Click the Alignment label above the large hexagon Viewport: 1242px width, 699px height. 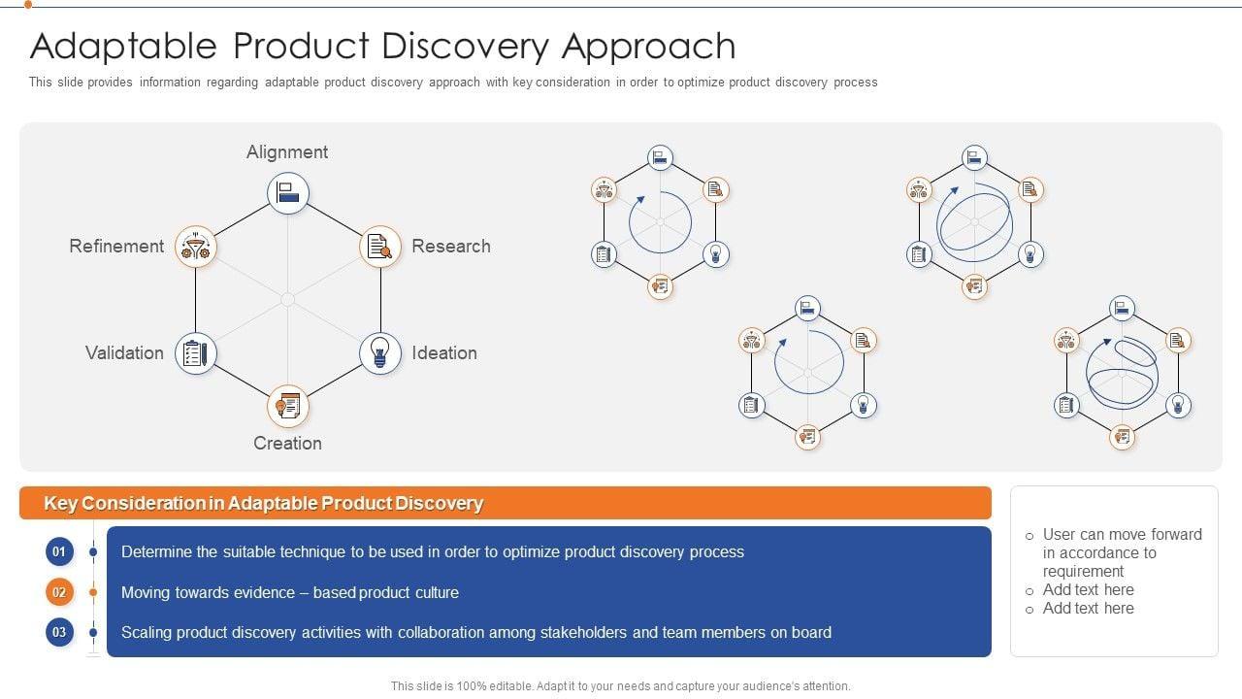(287, 152)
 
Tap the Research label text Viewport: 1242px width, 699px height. (450, 247)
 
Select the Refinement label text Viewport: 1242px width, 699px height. (116, 247)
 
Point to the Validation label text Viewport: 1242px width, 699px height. (124, 353)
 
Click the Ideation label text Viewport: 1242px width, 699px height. (443, 353)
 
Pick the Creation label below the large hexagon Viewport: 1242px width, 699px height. (287, 444)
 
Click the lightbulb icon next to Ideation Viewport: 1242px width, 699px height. (380, 353)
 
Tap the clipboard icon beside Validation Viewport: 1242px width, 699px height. (195, 353)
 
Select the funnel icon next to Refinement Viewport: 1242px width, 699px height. (196, 248)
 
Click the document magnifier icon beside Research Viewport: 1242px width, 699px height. (380, 248)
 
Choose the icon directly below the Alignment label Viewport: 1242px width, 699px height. (288, 193)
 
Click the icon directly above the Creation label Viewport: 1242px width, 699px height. (288, 406)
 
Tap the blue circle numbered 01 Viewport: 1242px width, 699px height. (59, 552)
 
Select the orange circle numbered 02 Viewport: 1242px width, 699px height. (59, 592)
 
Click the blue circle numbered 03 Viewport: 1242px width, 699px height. (59, 633)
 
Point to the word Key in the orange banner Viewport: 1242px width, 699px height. (60, 504)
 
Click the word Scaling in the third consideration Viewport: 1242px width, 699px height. (148, 633)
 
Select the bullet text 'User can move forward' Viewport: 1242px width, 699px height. (1122, 535)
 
